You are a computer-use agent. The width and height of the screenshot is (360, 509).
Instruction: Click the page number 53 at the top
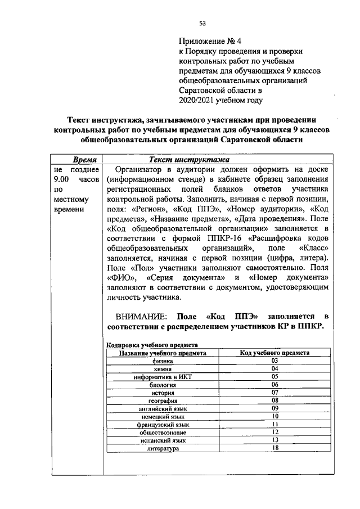tap(202, 23)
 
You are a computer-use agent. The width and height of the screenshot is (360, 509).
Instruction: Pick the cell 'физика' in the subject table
tap(163, 361)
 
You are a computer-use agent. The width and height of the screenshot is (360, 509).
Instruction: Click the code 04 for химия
tap(275, 368)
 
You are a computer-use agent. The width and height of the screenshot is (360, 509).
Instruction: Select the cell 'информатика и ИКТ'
tap(163, 376)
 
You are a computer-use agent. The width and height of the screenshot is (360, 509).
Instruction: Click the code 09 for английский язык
tap(275, 408)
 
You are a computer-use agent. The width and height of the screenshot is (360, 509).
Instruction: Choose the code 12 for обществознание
tap(275, 432)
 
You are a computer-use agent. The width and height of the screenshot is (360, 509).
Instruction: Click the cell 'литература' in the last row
tap(163, 449)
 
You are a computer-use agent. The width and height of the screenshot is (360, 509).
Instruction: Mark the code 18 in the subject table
tap(275, 448)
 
